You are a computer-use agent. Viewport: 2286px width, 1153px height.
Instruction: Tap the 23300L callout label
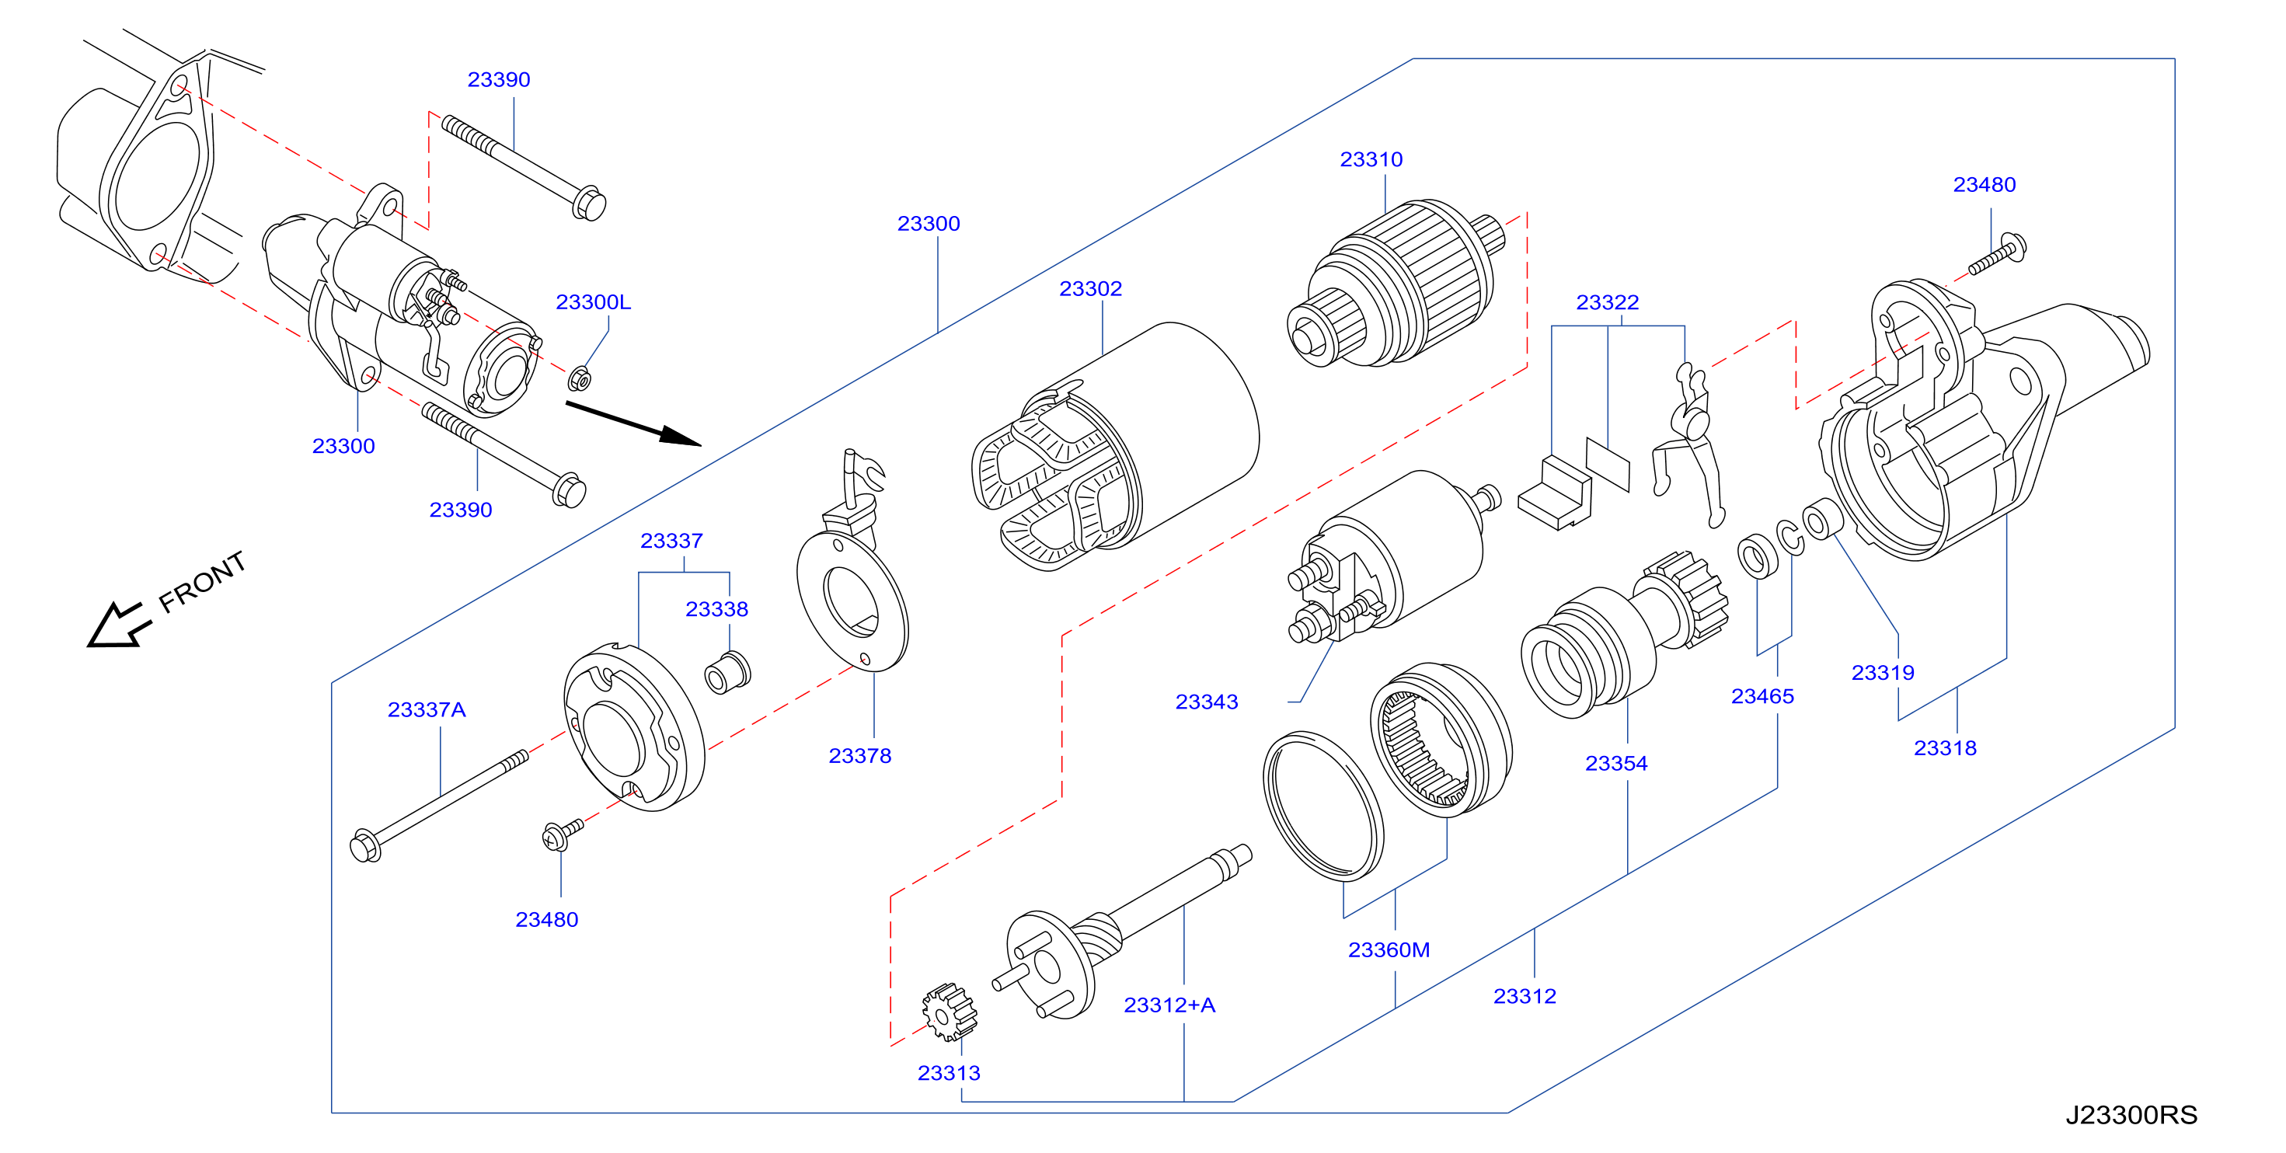(x=593, y=303)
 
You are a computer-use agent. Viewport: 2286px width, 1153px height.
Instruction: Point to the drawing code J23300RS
(x=2131, y=1115)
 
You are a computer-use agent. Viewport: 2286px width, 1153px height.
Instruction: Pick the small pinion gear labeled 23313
(x=949, y=1012)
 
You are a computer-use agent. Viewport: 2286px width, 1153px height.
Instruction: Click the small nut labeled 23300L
(x=580, y=378)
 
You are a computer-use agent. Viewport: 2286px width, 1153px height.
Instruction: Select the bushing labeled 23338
(x=728, y=673)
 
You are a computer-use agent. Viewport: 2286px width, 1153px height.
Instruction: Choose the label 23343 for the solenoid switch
(x=1206, y=702)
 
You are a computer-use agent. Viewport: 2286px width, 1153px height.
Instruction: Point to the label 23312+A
(x=1169, y=1005)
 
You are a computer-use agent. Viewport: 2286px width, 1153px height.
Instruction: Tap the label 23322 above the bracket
(x=1607, y=303)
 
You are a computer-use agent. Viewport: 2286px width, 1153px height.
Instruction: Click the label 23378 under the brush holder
(x=859, y=756)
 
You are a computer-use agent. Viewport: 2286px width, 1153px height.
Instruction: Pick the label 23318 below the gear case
(x=1944, y=748)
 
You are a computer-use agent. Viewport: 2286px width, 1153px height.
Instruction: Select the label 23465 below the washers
(x=1762, y=697)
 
